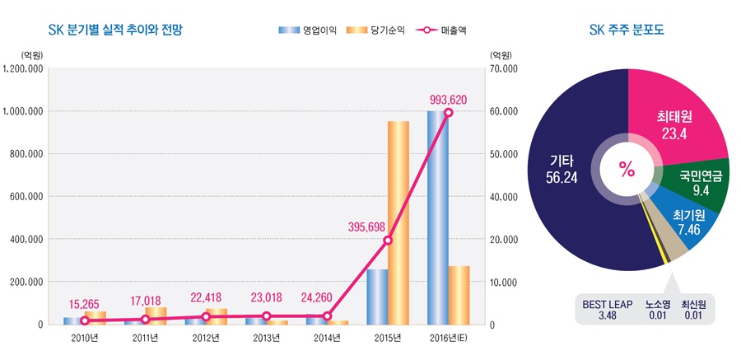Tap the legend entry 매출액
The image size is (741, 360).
[444, 30]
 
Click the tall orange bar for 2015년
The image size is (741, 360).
[398, 222]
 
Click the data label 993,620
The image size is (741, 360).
[448, 99]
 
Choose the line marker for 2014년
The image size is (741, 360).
[327, 316]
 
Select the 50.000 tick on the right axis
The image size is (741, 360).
[503, 153]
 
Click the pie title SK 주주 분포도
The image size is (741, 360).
[627, 30]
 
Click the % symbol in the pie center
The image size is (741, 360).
[627, 170]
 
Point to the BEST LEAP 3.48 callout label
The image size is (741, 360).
[608, 309]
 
